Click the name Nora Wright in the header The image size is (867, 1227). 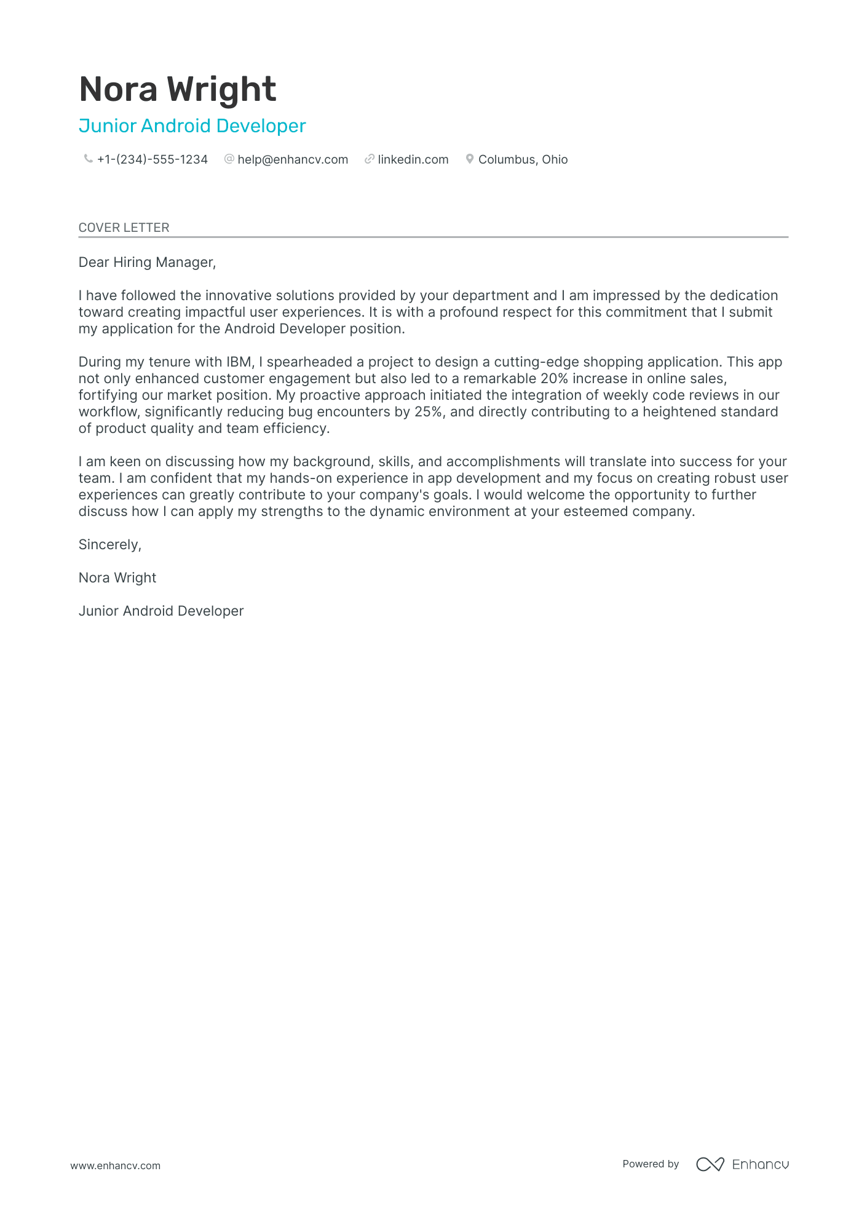tap(178, 89)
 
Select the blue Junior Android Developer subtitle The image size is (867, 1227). tap(192, 126)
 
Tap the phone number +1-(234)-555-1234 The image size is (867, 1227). tap(152, 160)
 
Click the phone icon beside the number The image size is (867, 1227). tap(88, 159)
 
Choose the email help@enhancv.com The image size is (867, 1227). tap(293, 160)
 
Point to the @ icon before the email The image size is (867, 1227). tap(229, 159)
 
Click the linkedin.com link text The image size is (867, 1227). tap(413, 160)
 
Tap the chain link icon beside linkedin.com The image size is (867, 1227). tap(370, 159)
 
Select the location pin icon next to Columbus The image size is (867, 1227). tap(470, 159)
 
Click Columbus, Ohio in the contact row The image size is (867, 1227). tap(523, 160)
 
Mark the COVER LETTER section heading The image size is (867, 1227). tap(124, 228)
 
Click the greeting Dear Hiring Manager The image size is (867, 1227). tap(147, 263)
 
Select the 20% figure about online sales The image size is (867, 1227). tap(554, 379)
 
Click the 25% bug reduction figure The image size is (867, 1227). tap(429, 412)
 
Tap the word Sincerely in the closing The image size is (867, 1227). tap(109, 545)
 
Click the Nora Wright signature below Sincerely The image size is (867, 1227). tap(117, 578)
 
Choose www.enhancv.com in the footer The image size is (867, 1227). tap(115, 1165)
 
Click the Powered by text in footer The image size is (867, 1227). tap(651, 1164)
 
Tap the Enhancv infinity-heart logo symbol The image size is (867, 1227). tap(710, 1164)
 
